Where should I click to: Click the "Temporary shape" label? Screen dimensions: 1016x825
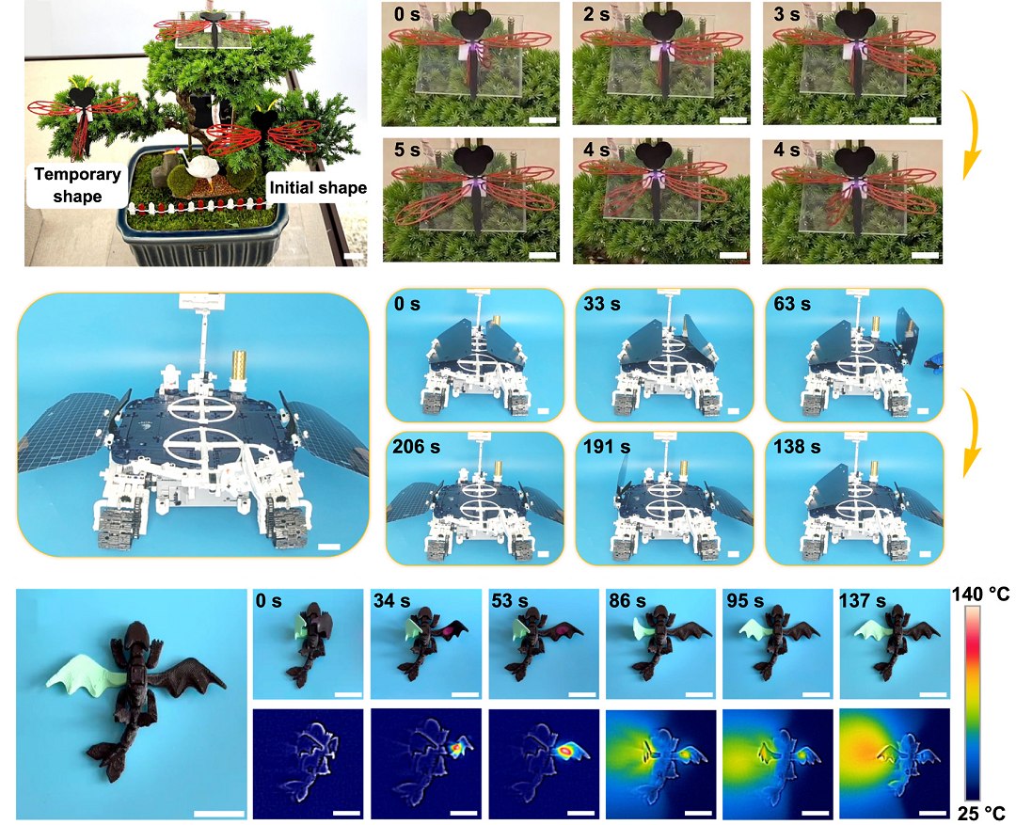click(x=77, y=184)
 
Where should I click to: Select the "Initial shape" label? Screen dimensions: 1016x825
click(x=318, y=188)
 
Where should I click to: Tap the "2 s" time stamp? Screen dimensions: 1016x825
click(x=596, y=14)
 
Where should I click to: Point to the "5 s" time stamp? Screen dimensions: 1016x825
click(x=407, y=150)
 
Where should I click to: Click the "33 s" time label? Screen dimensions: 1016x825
click(x=602, y=303)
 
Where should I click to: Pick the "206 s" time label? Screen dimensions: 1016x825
click(x=416, y=447)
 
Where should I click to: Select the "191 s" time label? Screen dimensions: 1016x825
click(x=607, y=447)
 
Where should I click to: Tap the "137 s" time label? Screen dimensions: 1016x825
click(x=863, y=601)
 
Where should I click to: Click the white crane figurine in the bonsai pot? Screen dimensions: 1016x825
click(x=193, y=168)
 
